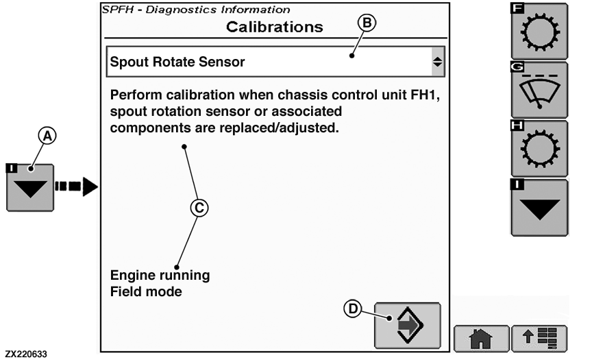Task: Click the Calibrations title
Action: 274,27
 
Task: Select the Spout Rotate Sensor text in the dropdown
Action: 177,62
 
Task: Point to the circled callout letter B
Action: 367,23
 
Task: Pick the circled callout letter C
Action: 199,208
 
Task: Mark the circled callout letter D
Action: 351,309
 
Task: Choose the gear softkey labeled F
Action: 540,32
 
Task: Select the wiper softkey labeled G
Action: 540,91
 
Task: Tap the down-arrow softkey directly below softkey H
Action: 540,208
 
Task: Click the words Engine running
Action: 160,276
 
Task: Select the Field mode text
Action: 145,291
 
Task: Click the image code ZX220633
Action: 27,353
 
